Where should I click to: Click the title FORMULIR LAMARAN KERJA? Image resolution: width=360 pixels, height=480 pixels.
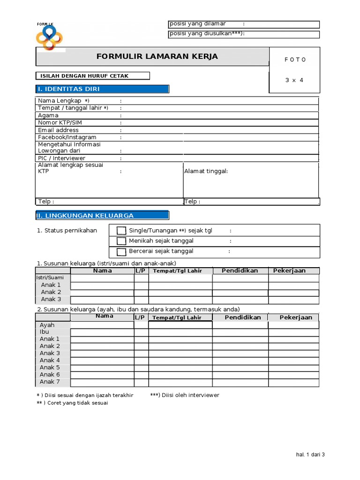[157, 57]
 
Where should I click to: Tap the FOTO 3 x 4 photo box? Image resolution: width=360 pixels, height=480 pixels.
[295, 70]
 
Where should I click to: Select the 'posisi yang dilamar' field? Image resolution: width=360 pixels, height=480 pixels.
[244, 24]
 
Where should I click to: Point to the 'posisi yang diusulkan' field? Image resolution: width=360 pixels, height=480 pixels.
[244, 34]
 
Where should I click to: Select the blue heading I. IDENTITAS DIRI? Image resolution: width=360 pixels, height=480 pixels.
[102, 89]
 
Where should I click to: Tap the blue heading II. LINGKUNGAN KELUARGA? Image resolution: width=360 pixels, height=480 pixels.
[102, 216]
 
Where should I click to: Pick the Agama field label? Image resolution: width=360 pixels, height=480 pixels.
[48, 115]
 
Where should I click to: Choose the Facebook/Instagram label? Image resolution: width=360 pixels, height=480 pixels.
[67, 137]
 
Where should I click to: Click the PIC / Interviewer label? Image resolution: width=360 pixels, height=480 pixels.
[61, 158]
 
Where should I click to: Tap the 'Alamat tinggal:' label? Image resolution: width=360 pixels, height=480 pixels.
[206, 171]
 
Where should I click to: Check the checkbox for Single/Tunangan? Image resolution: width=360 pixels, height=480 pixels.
[121, 231]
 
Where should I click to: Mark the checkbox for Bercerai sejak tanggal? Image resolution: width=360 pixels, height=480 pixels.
[121, 252]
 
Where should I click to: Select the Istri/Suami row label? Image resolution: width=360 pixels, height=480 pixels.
[50, 278]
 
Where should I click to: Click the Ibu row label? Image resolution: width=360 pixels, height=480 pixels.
[45, 332]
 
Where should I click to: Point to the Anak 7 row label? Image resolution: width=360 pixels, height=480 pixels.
[50, 382]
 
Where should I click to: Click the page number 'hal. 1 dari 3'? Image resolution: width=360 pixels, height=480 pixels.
[310, 454]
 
